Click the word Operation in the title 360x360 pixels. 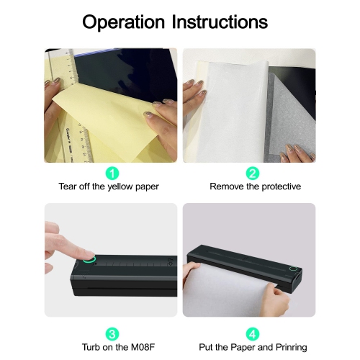pos(123,22)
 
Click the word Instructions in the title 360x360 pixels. pos(220,22)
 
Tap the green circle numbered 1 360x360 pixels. pos(112,173)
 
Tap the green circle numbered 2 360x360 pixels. pos(253,173)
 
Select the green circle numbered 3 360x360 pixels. pos(112,334)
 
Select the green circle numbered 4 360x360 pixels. pos(253,334)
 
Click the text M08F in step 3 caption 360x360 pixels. pos(143,347)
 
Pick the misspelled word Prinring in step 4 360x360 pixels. pos(292,347)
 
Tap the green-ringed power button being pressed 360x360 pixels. pos(89,260)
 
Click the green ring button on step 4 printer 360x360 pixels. pos(293,269)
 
